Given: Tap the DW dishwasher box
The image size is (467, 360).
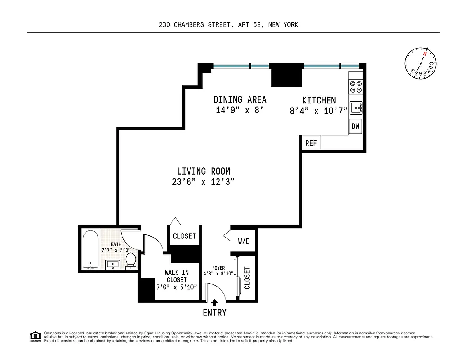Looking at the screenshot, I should coord(356,127).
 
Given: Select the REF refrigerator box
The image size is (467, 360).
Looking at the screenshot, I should coord(311,144).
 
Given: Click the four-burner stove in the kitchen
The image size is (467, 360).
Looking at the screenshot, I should coord(355,86).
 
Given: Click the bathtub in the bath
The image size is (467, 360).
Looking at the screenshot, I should coord(91,250).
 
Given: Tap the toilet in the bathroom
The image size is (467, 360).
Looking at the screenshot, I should coord(131,260).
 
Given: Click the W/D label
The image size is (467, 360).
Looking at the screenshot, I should coord(244,241).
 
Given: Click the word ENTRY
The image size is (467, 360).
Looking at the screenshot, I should coord(214,312).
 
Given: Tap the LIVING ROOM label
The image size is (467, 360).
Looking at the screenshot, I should coord(203,171).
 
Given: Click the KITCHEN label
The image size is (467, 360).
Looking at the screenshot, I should coord(319,100).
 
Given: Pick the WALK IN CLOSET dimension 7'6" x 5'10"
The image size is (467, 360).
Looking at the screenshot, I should coord(177,287).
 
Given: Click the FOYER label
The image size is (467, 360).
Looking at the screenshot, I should coord(218,268).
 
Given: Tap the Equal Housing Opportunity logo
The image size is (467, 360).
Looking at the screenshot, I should coord(35,336).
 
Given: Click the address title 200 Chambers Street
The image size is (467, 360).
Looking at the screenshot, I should coord(228,25).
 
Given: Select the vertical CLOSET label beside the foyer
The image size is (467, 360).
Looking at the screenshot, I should coord(247,278).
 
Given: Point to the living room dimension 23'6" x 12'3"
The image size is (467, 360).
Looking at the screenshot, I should coord(203,182).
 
